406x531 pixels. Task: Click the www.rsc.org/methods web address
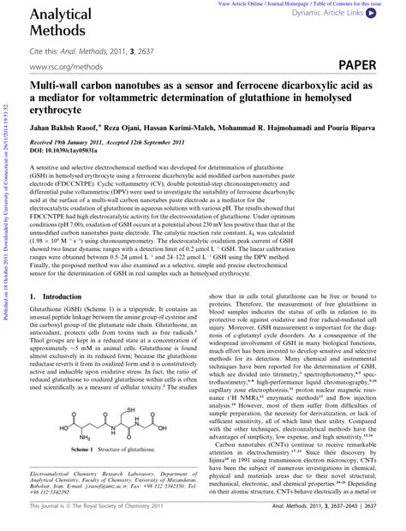coord(64,66)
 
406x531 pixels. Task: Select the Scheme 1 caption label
coord(84,473)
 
